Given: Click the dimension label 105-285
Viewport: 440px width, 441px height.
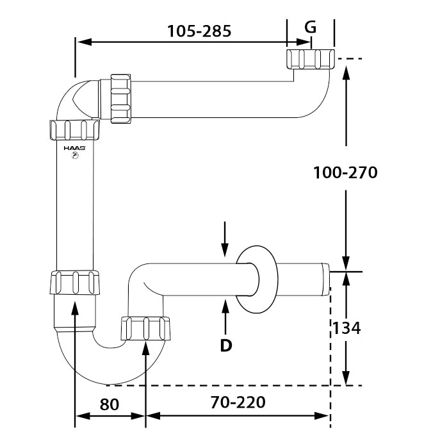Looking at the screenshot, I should [199, 29].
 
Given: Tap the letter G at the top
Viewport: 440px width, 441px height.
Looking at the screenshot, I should [311, 27].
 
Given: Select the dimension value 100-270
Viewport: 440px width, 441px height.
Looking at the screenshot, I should [345, 172].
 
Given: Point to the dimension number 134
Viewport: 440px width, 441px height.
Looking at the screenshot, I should [346, 328].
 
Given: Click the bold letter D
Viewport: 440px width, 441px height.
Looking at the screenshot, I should [225, 345].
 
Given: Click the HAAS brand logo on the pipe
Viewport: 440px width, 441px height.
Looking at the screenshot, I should [75, 147].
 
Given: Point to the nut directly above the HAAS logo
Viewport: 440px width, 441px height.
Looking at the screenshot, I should [75, 130].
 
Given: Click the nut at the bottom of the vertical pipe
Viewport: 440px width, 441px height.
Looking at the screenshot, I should [74, 283].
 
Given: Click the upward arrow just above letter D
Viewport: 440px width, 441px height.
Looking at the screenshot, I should [225, 314].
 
